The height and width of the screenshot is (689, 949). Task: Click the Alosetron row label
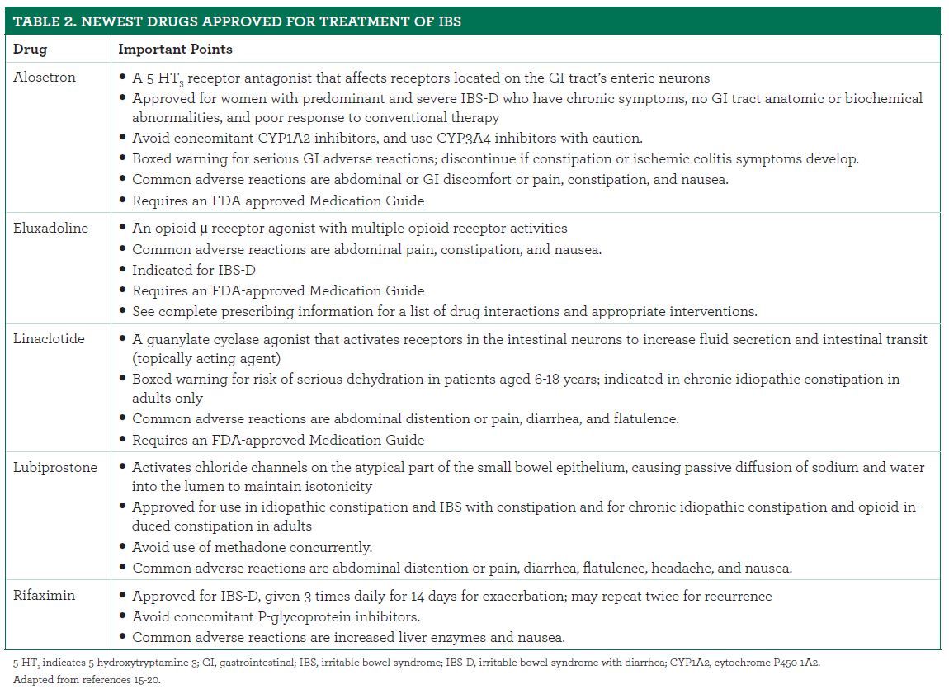pos(44,78)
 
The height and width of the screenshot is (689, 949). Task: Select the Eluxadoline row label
pos(50,228)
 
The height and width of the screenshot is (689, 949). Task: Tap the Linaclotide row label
pos(49,339)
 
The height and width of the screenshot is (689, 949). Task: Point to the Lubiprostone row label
pos(54,467)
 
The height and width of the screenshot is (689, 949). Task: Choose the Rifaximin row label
pos(44,596)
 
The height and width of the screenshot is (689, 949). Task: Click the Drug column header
pos(30,50)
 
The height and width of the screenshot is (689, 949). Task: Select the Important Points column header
pos(175,50)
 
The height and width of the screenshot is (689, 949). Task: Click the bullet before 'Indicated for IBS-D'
pos(123,270)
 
